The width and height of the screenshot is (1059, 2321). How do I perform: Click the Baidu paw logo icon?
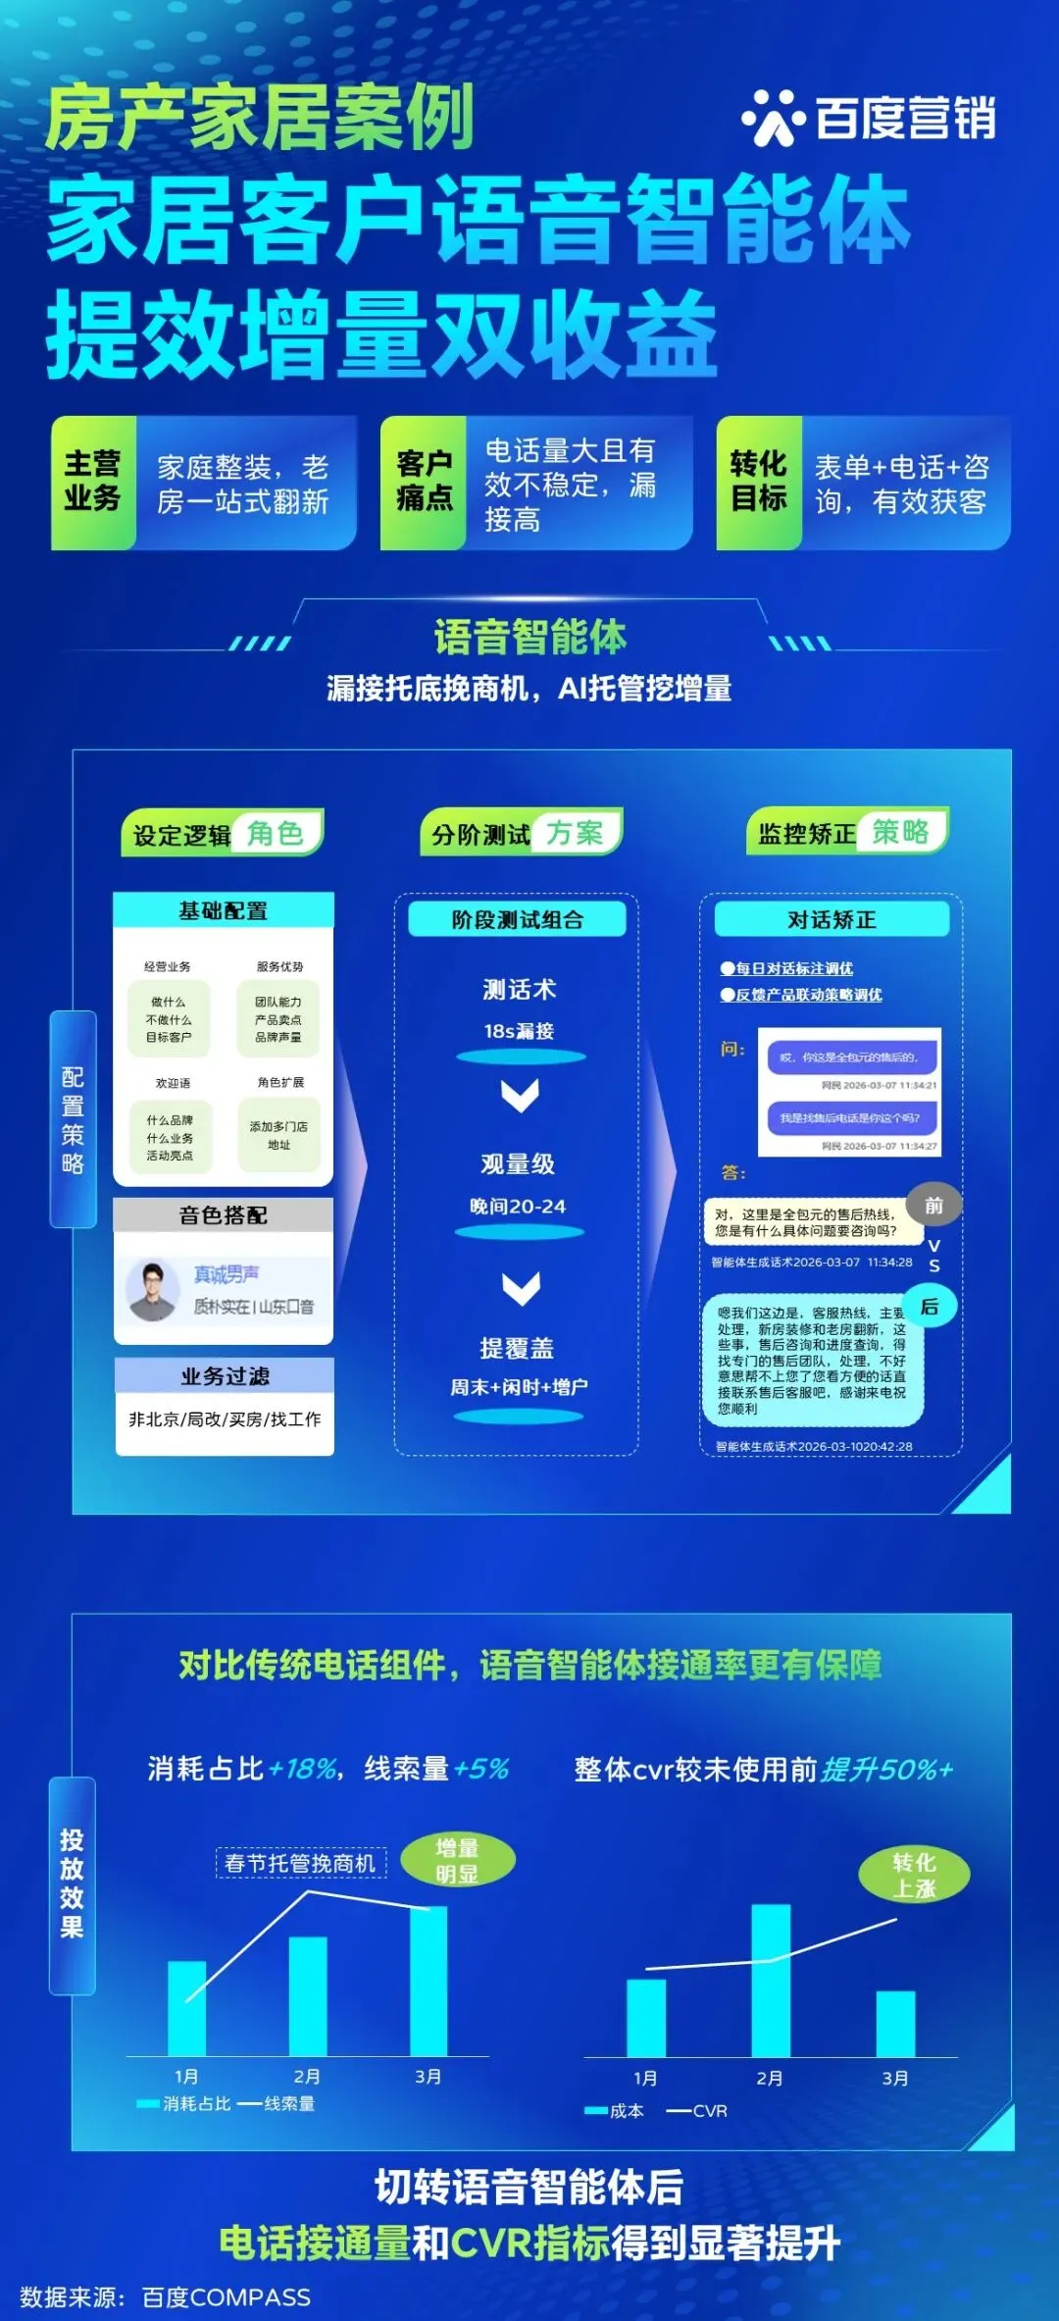(773, 118)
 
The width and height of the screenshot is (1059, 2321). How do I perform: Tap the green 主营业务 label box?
(93, 482)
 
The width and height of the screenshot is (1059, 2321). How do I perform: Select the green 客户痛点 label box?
(424, 482)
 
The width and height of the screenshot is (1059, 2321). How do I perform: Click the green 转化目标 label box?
(759, 482)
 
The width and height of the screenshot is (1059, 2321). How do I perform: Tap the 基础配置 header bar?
(224, 910)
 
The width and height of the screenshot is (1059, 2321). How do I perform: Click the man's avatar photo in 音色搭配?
(152, 1290)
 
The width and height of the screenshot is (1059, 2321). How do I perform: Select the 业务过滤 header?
(225, 1376)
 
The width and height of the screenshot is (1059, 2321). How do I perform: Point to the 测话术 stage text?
(520, 990)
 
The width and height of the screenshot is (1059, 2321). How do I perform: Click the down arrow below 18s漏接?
(520, 1094)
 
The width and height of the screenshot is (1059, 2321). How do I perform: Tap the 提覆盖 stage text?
(518, 1349)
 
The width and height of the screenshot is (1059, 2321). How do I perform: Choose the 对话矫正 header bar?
(832, 919)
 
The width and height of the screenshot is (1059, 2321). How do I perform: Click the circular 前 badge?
(933, 1206)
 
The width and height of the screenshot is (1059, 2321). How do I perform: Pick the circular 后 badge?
(930, 1307)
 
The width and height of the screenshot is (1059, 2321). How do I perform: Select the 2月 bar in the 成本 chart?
(771, 1980)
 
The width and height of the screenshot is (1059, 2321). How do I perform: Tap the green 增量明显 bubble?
(457, 1861)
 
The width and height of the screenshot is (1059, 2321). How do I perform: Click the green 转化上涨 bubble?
(914, 1876)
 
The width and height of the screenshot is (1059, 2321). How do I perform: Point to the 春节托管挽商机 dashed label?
(300, 1863)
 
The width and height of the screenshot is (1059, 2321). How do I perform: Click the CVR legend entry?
(698, 2110)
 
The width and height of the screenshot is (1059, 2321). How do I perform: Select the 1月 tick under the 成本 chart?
(645, 2078)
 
